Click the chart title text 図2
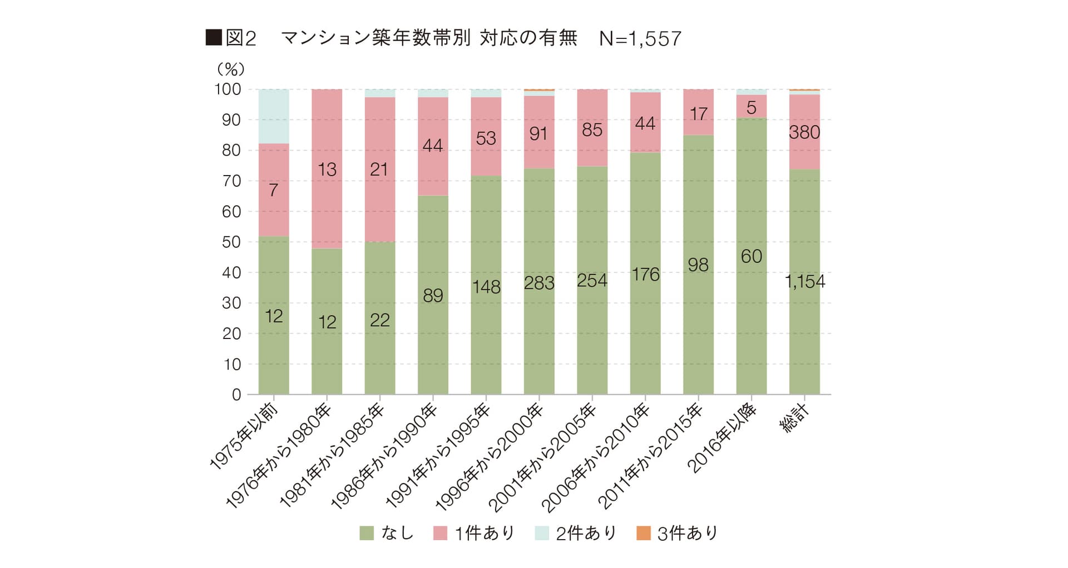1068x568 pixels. click(x=241, y=38)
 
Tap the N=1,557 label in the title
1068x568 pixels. click(x=640, y=38)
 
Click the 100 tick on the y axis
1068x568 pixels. click(x=228, y=89)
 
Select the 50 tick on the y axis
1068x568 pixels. click(x=231, y=242)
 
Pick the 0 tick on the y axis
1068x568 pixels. click(x=236, y=395)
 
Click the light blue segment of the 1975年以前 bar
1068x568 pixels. click(x=274, y=116)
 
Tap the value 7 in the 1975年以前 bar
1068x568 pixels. click(x=273, y=191)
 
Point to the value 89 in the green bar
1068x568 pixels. click(x=433, y=296)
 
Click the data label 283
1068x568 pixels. click(x=539, y=283)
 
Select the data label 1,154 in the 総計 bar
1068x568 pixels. click(x=805, y=282)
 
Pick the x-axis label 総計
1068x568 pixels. click(x=794, y=419)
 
